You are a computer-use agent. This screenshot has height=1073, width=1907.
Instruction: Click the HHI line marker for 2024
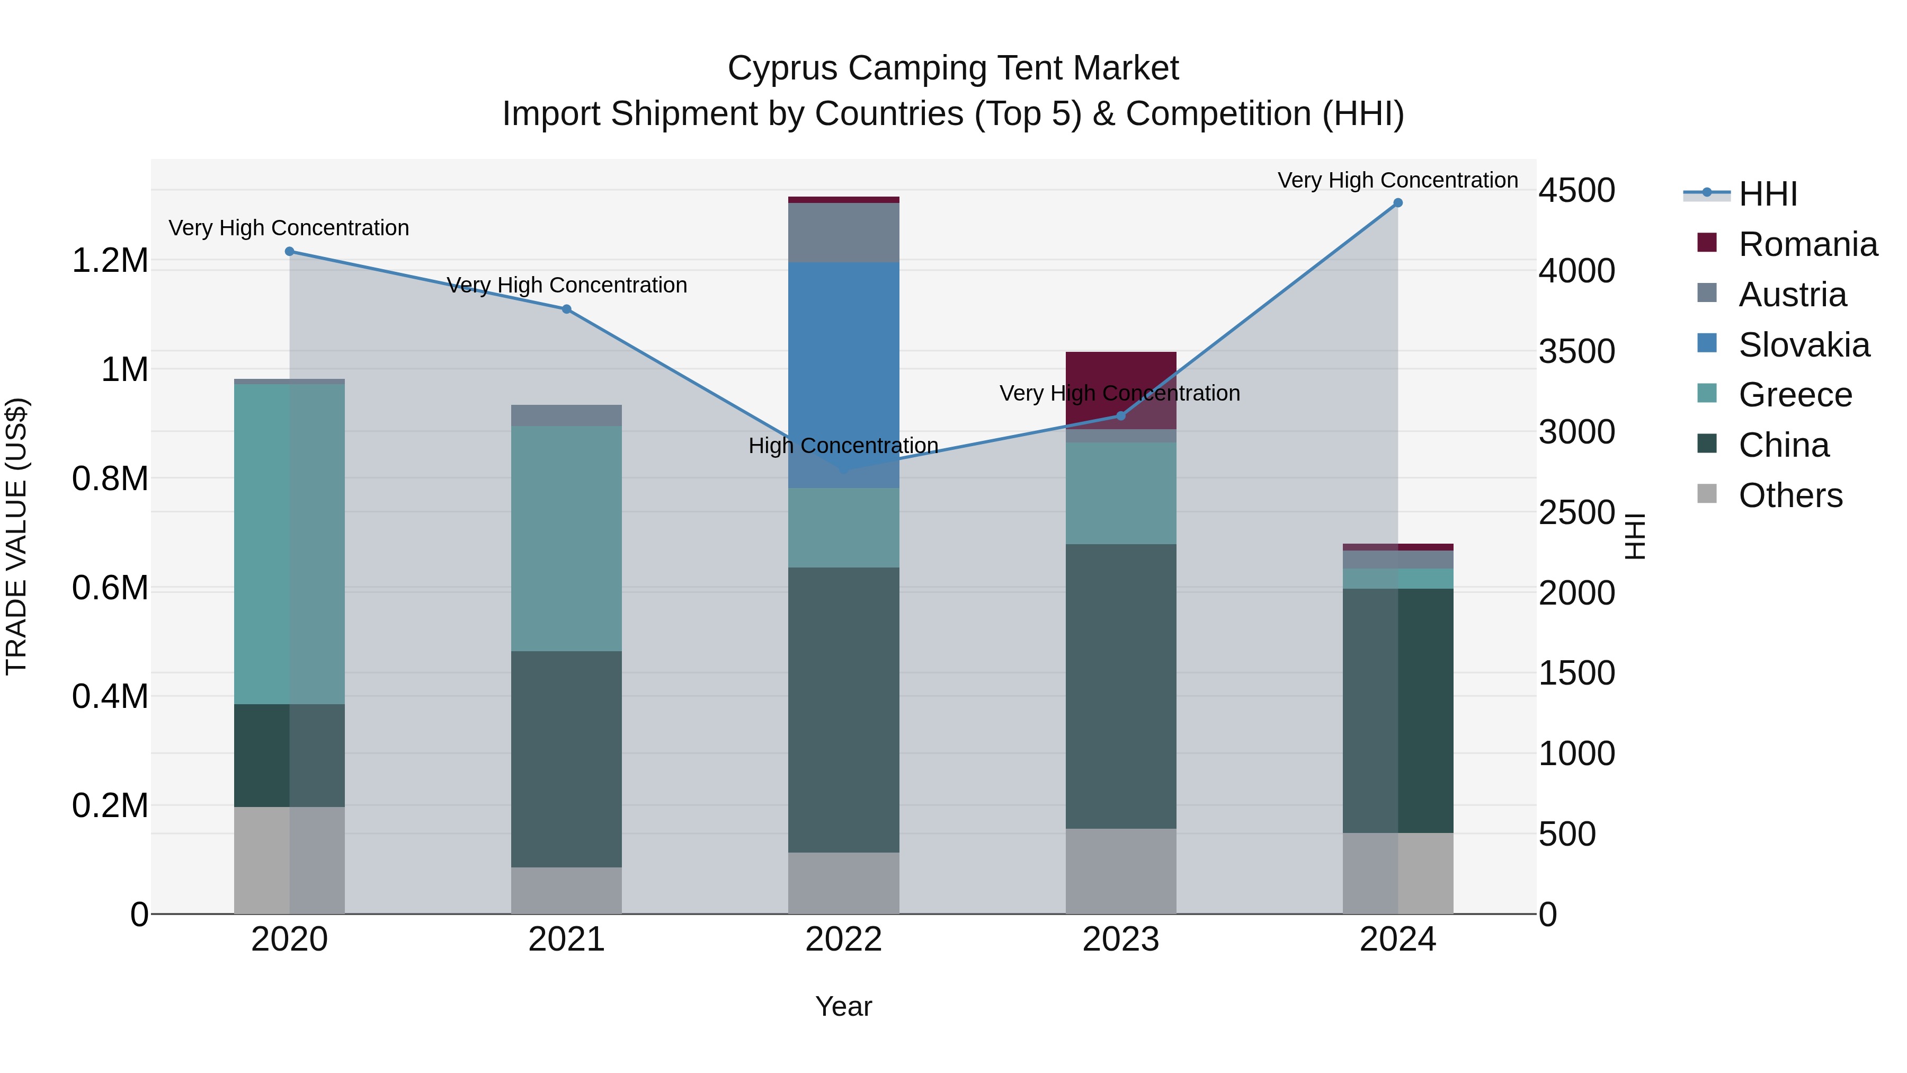click(x=1398, y=203)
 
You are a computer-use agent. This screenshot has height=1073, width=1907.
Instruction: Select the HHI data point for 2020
click(x=289, y=252)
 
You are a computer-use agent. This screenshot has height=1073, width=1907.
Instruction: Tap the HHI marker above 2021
click(x=566, y=309)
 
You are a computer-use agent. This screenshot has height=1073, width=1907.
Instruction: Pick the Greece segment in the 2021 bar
click(x=566, y=538)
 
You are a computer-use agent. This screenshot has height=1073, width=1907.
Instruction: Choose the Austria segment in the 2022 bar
click(x=843, y=233)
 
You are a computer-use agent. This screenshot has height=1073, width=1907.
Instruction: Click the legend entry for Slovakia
click(x=1803, y=345)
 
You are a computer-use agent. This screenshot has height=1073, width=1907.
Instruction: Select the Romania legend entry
click(x=1807, y=244)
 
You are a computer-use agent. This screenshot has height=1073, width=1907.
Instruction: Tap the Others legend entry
click(x=1789, y=495)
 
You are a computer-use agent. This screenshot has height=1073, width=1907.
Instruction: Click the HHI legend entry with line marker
click(x=1767, y=194)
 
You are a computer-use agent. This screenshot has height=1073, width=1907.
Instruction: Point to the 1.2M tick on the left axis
click(x=110, y=261)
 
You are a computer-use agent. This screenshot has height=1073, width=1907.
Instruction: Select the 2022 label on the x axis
click(x=843, y=939)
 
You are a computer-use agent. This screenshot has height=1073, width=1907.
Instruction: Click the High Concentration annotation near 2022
click(x=843, y=446)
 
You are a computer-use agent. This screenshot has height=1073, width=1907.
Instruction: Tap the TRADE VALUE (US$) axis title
click(x=16, y=536)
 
